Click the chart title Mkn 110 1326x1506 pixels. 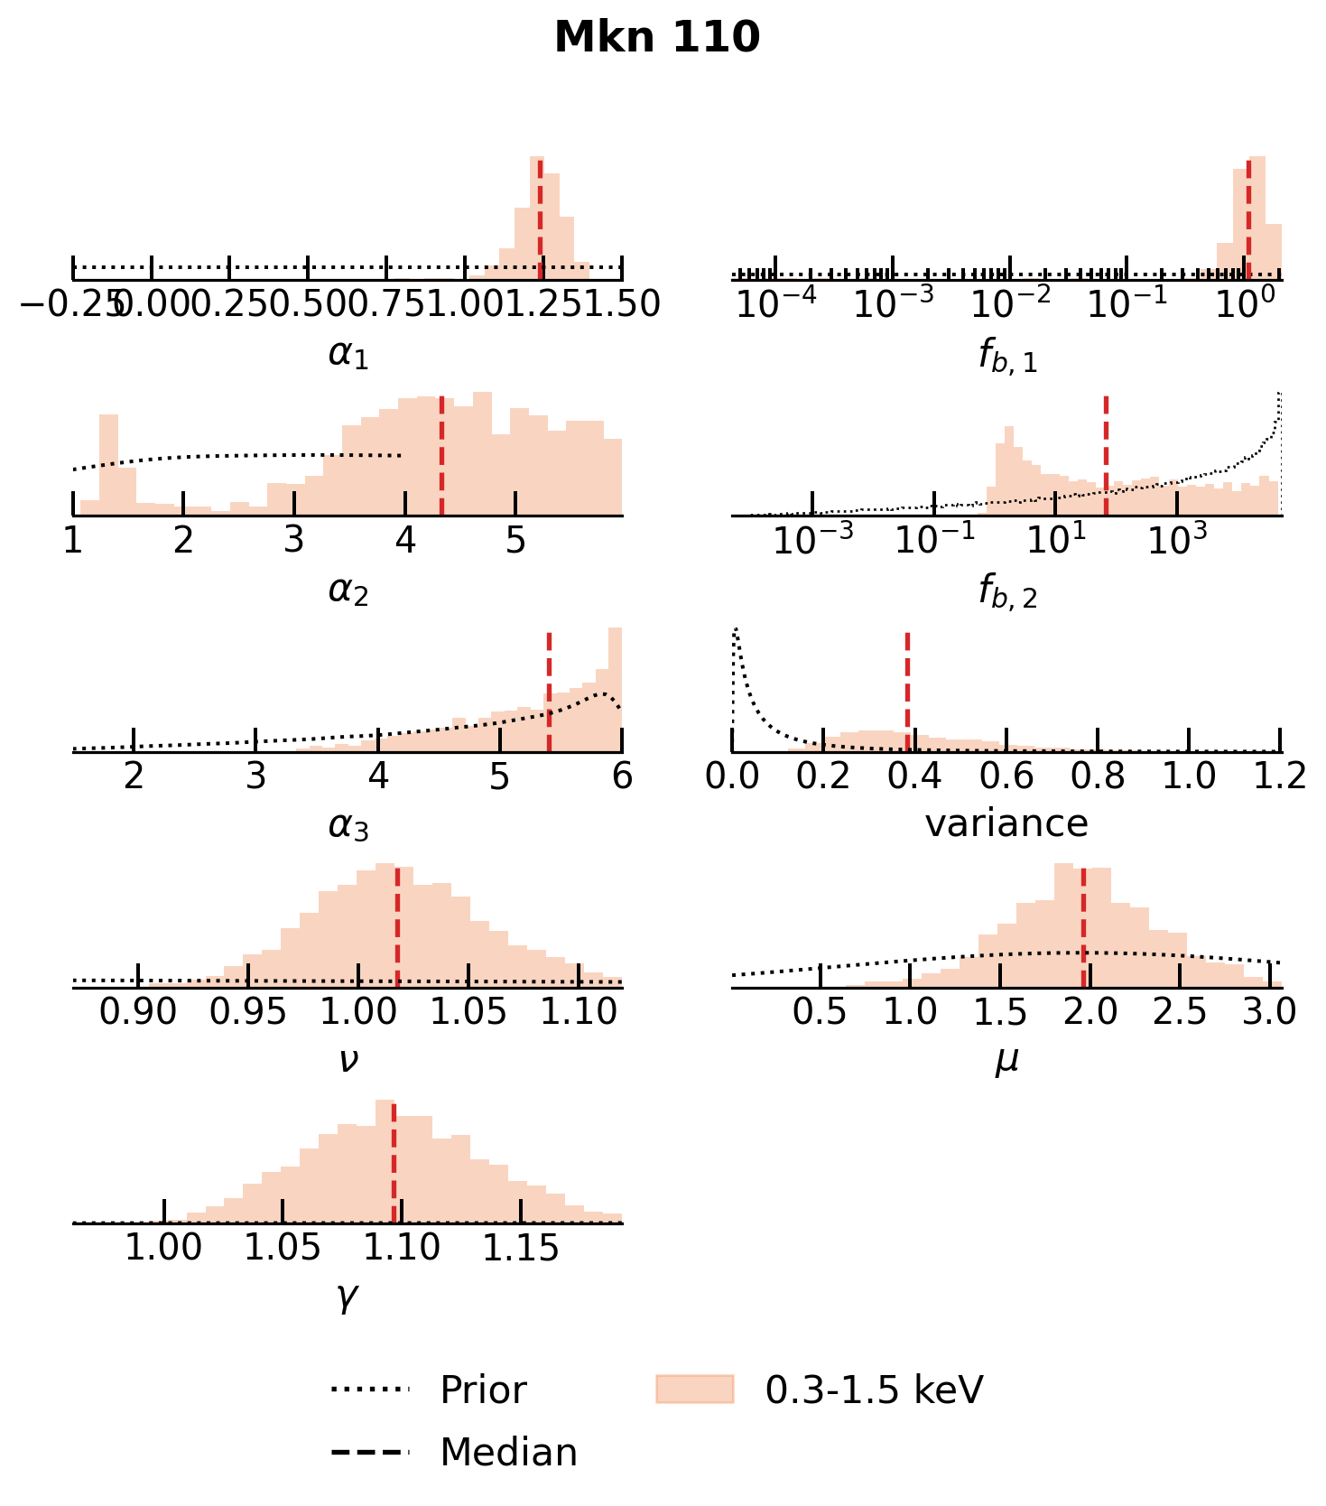(657, 38)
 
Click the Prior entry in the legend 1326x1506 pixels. (482, 1390)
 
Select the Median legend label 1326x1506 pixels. (508, 1452)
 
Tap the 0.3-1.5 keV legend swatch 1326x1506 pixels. (694, 1389)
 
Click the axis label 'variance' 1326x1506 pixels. (1006, 823)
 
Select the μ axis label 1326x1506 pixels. (1006, 1060)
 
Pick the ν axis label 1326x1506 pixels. (348, 1060)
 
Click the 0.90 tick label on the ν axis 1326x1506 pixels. (138, 1012)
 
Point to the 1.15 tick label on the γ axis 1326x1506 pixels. (521, 1248)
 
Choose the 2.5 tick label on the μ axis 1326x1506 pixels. (1180, 1012)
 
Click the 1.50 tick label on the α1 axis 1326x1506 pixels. (621, 305)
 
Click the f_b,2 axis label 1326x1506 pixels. (1007, 592)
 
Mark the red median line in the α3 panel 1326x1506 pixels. (549, 691)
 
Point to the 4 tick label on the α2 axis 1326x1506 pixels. (405, 540)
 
